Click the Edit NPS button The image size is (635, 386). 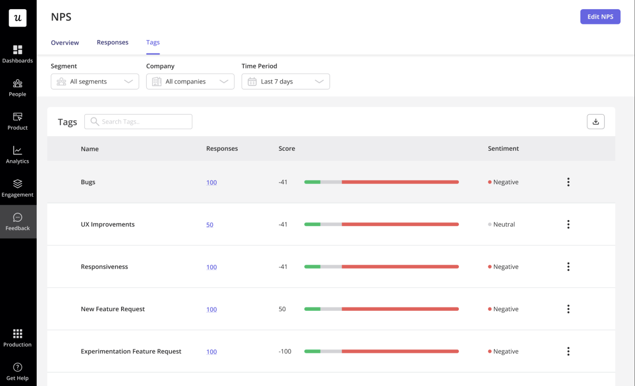[x=600, y=17]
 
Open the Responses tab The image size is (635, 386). [x=112, y=43]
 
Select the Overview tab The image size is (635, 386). [x=65, y=43]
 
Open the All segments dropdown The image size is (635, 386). [x=95, y=82]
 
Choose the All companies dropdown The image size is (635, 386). [x=190, y=82]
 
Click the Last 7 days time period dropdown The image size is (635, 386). [x=286, y=82]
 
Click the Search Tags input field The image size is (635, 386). [x=138, y=122]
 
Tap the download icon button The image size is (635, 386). [x=595, y=122]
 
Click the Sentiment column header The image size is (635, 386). [x=503, y=149]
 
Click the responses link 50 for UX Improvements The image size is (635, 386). [x=210, y=225]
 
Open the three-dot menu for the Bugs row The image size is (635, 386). [x=568, y=182]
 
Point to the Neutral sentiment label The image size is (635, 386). [x=504, y=225]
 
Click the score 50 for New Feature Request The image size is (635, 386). [x=282, y=309]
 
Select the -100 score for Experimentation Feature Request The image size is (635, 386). [x=285, y=352]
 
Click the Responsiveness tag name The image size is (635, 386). [x=104, y=267]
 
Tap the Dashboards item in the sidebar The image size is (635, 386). [x=17, y=54]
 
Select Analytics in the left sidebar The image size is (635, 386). [x=17, y=155]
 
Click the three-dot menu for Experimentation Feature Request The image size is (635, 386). [x=568, y=351]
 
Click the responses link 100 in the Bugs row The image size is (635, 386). [x=211, y=182]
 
